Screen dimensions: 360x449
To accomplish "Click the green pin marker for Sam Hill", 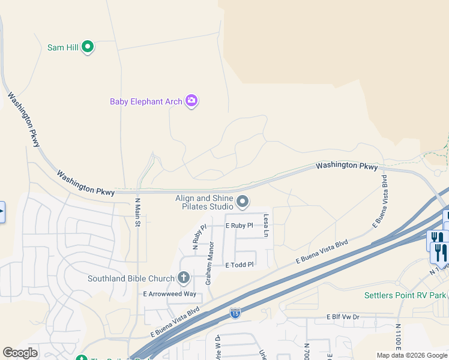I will click(x=88, y=47).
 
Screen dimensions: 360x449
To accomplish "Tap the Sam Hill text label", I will click(x=64, y=47).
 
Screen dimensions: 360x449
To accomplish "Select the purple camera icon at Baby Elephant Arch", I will click(x=191, y=101).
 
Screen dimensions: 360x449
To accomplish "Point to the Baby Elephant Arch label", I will click(x=146, y=101).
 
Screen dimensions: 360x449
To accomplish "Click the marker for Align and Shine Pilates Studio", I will click(x=243, y=202).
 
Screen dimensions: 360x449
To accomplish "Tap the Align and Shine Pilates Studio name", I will click(x=203, y=202).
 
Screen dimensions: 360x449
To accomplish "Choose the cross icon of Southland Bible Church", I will click(x=184, y=278).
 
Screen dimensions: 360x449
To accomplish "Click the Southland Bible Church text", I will click(x=131, y=278).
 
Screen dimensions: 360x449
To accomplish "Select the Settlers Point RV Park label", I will click(x=405, y=295).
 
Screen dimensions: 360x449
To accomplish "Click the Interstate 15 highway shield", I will click(x=235, y=313).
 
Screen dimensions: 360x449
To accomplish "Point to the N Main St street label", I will click(x=137, y=212).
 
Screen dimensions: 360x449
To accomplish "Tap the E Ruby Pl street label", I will click(x=239, y=226).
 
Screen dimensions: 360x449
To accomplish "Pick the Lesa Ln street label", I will click(x=265, y=226).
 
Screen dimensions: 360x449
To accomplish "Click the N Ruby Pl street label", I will click(x=199, y=236).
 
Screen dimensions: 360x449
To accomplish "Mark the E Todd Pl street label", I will click(x=240, y=265).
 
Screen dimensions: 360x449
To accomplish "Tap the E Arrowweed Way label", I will click(x=169, y=294).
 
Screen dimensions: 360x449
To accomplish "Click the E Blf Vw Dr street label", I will click(x=343, y=316).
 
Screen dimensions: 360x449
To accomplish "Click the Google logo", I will click(x=20, y=353).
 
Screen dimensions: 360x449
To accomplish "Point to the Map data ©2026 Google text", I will click(x=412, y=355).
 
